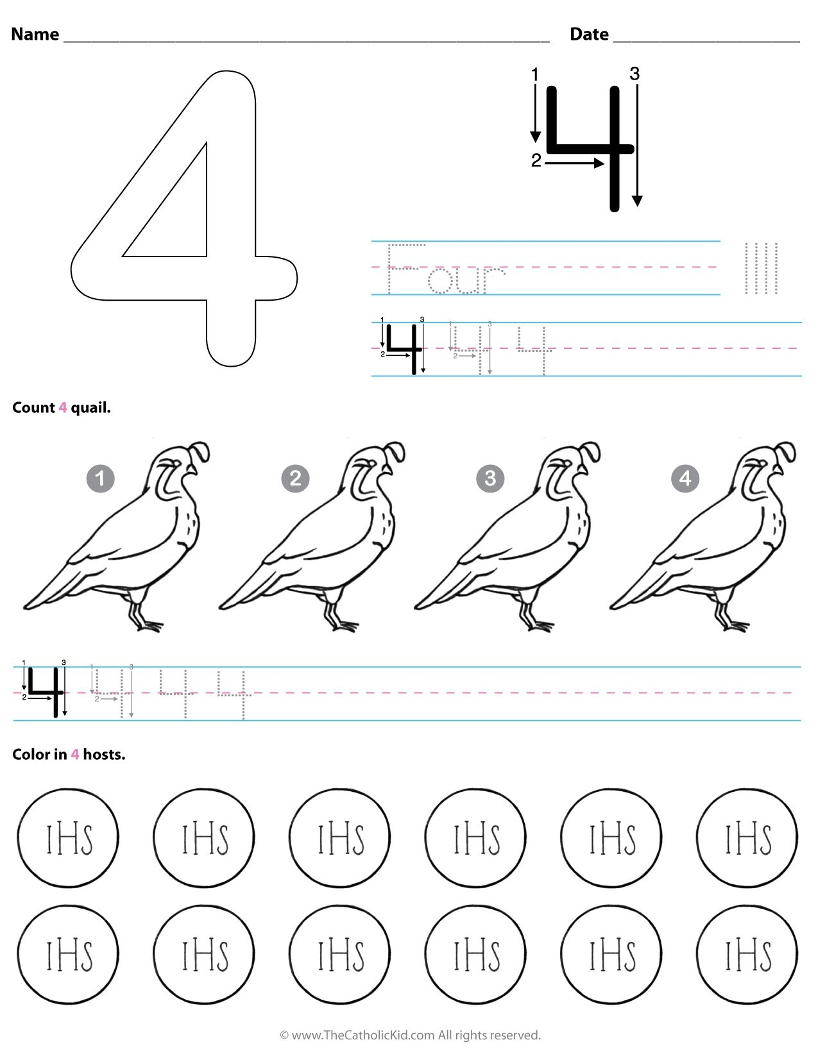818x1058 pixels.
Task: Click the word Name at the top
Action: [x=35, y=34]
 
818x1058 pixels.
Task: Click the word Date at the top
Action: [x=589, y=34]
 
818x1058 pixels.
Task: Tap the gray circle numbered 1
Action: [x=100, y=478]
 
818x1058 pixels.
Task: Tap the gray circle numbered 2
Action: [x=295, y=478]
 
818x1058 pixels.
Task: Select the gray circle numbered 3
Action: [x=490, y=478]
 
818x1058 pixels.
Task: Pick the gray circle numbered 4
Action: [x=685, y=478]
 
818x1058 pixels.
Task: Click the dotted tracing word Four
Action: [x=446, y=269]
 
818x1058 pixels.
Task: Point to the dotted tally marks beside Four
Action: [x=761, y=268]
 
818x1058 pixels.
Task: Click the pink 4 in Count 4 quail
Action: [x=62, y=408]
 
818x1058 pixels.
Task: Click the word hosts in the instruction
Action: [x=103, y=755]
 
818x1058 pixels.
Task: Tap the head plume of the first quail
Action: [x=201, y=450]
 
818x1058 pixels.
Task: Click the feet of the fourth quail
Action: [x=731, y=623]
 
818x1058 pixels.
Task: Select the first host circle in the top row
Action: [x=68, y=838]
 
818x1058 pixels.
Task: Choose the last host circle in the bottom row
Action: [x=747, y=955]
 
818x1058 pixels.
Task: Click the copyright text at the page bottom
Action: [x=410, y=1035]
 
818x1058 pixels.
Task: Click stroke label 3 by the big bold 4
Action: [x=635, y=74]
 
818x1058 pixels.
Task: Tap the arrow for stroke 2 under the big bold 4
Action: [x=574, y=164]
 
